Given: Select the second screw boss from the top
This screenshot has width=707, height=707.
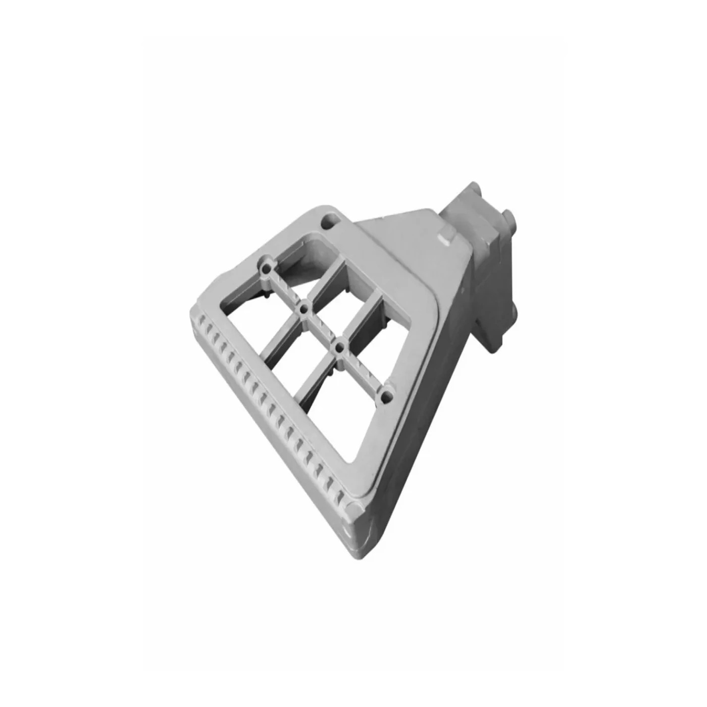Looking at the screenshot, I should [305, 307].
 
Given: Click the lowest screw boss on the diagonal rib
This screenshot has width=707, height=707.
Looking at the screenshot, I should [386, 395].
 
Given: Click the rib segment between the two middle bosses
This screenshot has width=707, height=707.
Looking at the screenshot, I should [322, 327].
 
